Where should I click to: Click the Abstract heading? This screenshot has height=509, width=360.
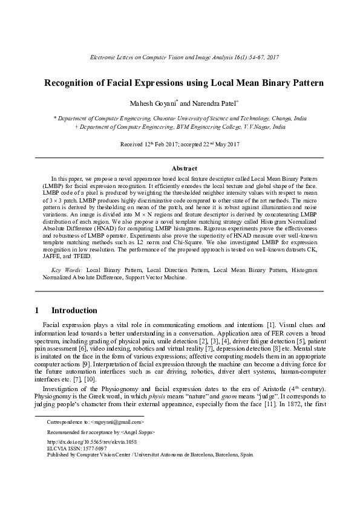pos(180,169)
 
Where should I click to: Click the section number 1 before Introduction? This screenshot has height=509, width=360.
pos(37,311)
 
